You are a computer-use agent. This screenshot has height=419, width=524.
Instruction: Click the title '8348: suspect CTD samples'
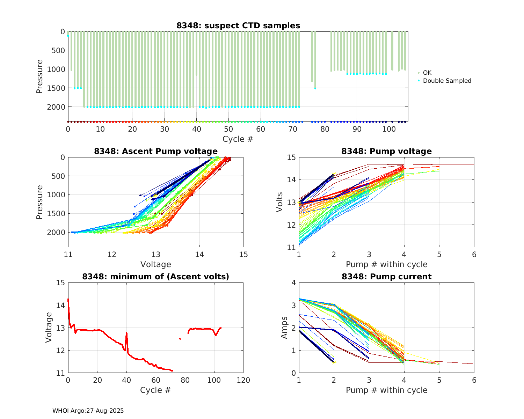tap(238, 25)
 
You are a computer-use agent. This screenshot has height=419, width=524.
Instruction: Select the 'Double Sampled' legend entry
tap(447, 81)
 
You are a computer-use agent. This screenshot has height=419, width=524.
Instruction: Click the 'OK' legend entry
tap(427, 73)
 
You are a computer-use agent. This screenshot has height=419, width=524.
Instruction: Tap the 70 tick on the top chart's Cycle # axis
tap(293, 129)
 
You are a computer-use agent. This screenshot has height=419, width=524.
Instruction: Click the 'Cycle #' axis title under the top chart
tap(238, 139)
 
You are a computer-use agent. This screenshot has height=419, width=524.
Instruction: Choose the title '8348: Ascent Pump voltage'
tap(155, 151)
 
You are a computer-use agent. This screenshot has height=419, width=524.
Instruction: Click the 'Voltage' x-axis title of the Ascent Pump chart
tap(155, 264)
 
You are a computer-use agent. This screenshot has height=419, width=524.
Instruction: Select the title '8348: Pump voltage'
tap(386, 151)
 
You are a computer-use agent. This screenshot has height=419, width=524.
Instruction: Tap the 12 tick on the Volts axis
tap(291, 225)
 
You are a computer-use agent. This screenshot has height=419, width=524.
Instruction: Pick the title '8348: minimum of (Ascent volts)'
tap(155, 277)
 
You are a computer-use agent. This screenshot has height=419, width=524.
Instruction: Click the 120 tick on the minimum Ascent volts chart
tap(243, 380)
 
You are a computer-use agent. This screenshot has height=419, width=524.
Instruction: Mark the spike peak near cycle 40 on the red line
tap(126, 333)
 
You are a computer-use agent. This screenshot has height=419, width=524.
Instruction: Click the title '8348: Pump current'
tap(386, 277)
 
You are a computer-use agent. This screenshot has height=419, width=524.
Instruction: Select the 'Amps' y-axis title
tap(284, 328)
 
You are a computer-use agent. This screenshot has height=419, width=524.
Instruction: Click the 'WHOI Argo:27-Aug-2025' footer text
tap(88, 411)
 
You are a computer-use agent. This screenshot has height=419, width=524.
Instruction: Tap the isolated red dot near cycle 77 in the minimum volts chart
tap(180, 339)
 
